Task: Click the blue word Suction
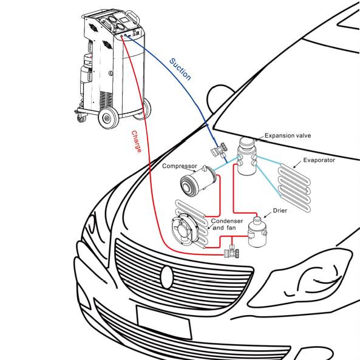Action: tap(180, 69)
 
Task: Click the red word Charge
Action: tap(137, 141)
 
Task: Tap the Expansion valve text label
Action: tap(288, 135)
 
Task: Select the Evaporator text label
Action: tap(319, 160)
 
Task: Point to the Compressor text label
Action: tap(180, 166)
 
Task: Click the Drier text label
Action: tap(280, 211)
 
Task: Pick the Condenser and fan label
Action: tap(227, 224)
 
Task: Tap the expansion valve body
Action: tap(247, 155)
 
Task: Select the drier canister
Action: tap(257, 232)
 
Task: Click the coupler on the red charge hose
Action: tap(232, 252)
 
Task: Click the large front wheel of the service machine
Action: tap(107, 118)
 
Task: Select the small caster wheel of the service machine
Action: tap(81, 118)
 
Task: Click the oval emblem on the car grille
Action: tap(167, 277)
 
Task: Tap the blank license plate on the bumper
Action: tap(164, 322)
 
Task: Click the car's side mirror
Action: tap(220, 98)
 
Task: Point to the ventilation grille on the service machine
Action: tap(106, 100)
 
